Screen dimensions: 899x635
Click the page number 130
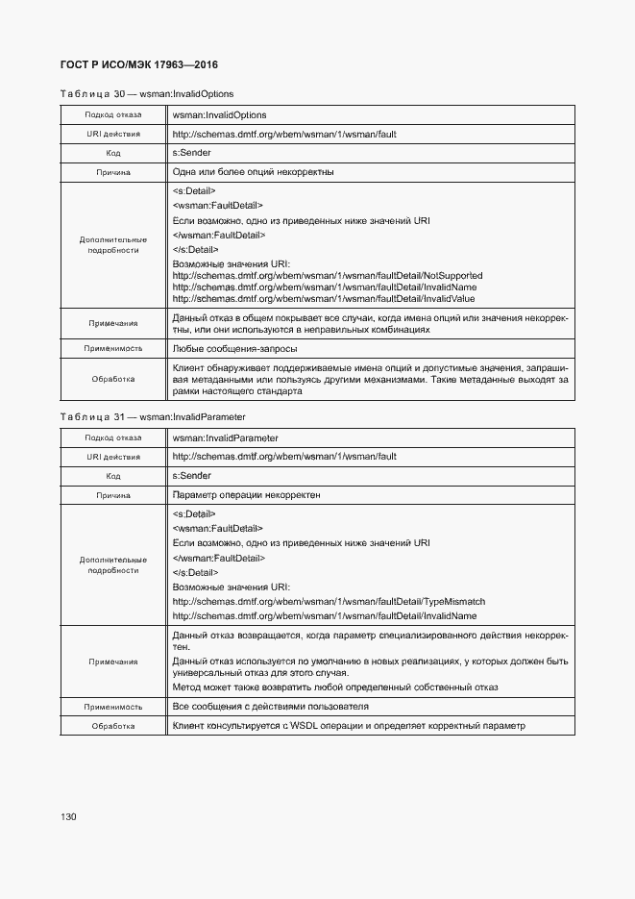(x=67, y=816)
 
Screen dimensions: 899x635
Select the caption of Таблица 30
(x=146, y=93)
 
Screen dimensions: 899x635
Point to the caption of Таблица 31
(x=152, y=417)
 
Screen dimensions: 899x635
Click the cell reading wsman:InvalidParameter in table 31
(x=225, y=438)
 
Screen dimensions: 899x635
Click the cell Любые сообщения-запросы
(x=234, y=349)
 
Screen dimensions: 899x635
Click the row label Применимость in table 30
(x=113, y=349)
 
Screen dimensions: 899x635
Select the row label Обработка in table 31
(x=113, y=726)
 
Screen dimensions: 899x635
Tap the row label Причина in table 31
(x=113, y=495)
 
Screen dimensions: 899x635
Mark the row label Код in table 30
(x=113, y=153)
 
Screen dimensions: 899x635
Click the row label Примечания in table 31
(x=113, y=662)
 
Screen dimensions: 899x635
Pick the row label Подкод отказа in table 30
(x=113, y=115)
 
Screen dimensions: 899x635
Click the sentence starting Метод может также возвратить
(x=334, y=687)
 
